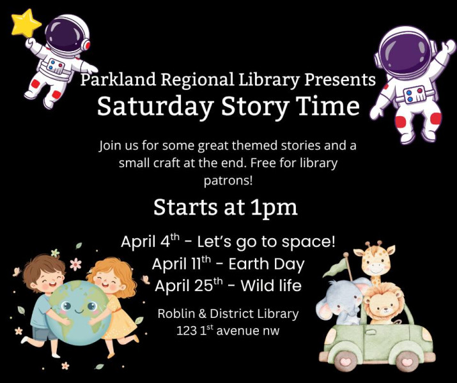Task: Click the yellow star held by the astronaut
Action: point(26,23)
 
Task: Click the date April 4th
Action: point(150,241)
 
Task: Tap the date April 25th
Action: point(189,285)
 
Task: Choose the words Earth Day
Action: point(267,264)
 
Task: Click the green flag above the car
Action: point(335,268)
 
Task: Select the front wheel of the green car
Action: point(346,361)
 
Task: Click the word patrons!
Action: point(228,181)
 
